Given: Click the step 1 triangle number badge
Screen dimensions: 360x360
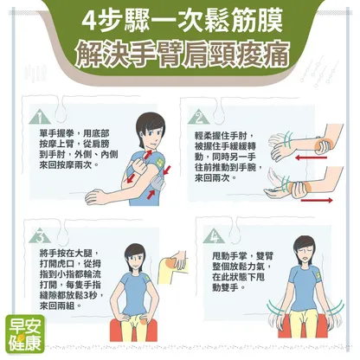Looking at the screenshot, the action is pos(40,117).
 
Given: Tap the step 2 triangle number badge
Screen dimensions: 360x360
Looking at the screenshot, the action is pos(199,117).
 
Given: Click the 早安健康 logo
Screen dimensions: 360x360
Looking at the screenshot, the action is pos(26,334).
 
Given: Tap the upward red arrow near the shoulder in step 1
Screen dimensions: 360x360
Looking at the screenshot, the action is pos(148,154).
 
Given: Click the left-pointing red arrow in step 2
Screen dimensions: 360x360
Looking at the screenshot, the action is pos(312,157).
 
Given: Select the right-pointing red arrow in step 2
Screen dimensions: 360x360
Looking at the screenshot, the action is pos(317,200).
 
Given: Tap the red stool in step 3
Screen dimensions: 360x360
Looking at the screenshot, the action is pos(133,329).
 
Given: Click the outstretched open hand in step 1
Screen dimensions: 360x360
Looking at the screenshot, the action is pos(96,197).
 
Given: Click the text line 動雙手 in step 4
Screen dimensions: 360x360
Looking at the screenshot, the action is pos(229,287).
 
